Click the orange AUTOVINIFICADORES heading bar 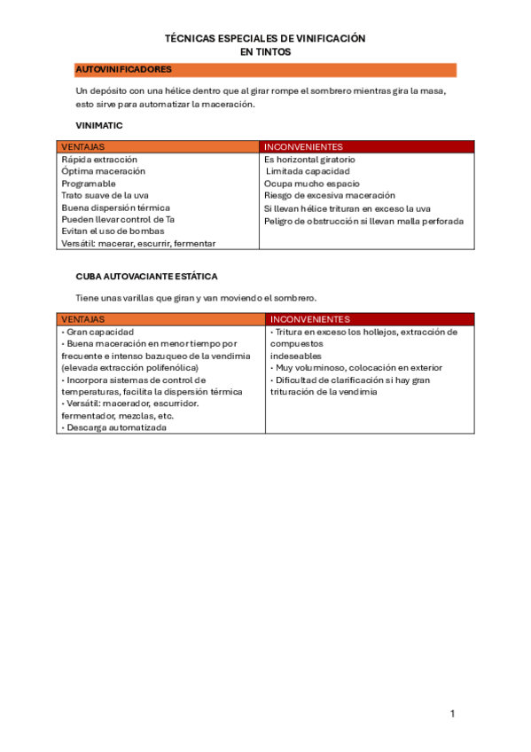point(265,69)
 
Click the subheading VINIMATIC point(99,126)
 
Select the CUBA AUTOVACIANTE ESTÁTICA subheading point(146,277)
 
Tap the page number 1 point(452,714)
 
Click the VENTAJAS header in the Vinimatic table point(82,146)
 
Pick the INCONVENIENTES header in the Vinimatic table point(303,146)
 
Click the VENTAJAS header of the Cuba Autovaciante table point(82,319)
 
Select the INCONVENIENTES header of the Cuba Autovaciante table point(309,319)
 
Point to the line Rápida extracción point(99,160)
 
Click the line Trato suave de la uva point(104,195)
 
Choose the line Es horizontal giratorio point(309,160)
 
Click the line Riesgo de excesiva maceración point(329,195)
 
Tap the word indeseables point(296,356)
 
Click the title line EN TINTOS point(265,52)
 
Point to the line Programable point(89,184)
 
